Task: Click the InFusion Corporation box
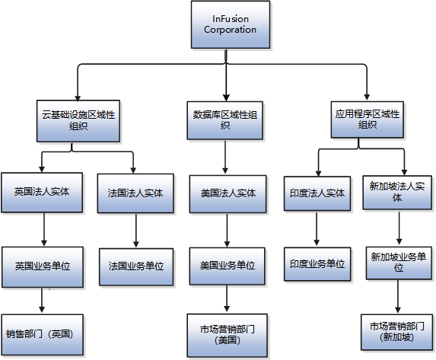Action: point(230,24)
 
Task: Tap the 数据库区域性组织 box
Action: point(225,120)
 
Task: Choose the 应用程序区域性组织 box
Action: point(367,119)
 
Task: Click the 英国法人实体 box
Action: point(42,193)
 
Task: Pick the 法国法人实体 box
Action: point(135,193)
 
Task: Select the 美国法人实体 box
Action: point(225,193)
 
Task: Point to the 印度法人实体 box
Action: point(317,193)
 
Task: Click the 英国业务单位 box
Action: point(42,266)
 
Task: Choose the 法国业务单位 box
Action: point(135,266)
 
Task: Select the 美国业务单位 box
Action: point(225,266)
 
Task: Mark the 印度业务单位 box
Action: point(317,265)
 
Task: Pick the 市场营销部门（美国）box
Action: point(225,334)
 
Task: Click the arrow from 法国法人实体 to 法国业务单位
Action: point(135,230)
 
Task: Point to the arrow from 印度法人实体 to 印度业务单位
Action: point(317,229)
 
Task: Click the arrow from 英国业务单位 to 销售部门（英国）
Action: point(42,301)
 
